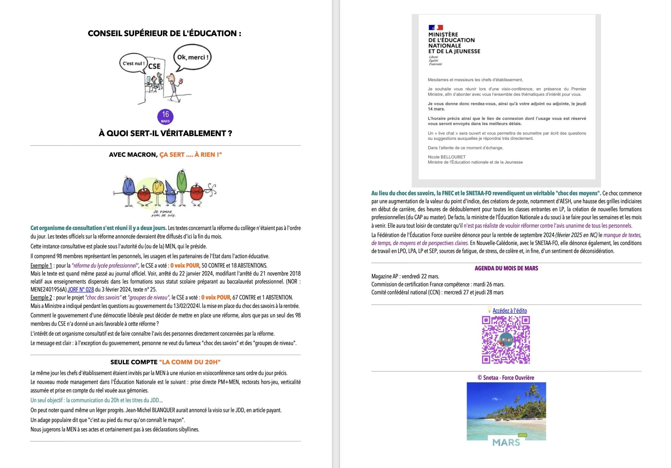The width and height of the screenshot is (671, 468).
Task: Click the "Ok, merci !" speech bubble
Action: pos(193,57)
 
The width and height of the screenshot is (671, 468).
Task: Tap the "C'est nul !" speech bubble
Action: pos(134,63)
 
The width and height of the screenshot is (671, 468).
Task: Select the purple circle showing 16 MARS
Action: pos(165,117)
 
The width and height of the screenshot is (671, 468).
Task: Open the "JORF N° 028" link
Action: pos(81,290)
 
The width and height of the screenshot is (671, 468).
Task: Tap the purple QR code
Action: pos(506,340)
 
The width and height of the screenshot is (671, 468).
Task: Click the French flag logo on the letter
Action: pos(436,28)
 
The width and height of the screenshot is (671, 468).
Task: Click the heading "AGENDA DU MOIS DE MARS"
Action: pos(506,268)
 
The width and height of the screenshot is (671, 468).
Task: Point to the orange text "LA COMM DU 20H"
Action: pos(190,362)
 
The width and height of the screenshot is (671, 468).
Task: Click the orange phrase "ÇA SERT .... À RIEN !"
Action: pos(191,155)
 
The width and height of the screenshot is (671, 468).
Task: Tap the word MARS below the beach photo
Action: pos(506,443)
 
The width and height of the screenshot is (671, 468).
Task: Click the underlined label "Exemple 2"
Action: pos(41,297)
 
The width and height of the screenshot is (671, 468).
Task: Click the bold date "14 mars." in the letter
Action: pos(436,109)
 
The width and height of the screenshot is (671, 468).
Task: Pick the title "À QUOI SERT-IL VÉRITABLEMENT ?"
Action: pos(165,133)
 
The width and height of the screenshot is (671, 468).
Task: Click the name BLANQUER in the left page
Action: pos(163,410)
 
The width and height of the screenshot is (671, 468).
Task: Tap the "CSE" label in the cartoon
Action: pos(154,66)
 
